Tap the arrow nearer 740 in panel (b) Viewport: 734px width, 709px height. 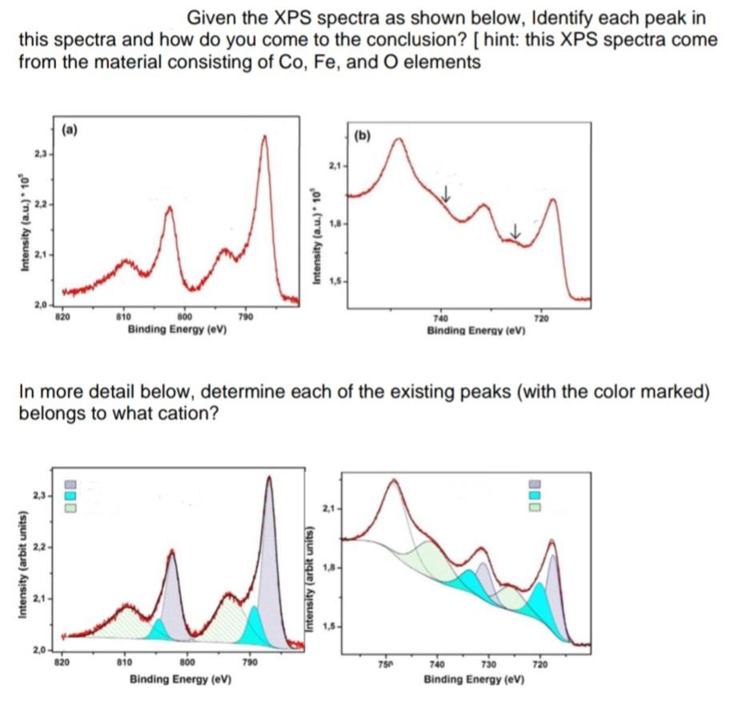[447, 193]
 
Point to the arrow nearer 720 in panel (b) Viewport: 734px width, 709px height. [515, 228]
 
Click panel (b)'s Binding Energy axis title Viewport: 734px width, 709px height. [475, 330]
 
